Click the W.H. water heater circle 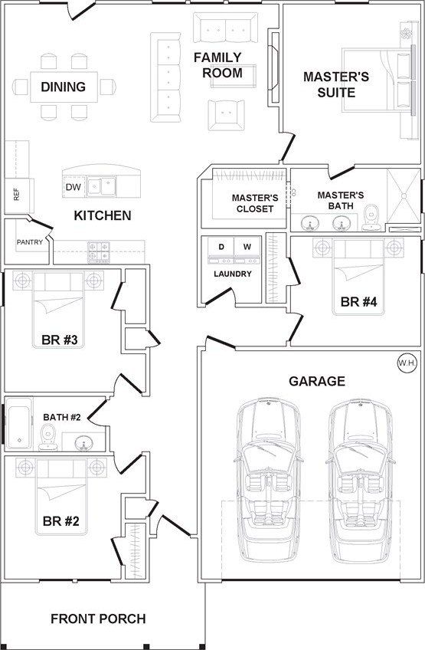tap(407, 363)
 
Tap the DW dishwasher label tap(74, 187)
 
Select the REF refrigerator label tap(16, 195)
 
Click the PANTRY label tap(30, 242)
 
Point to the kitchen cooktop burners tap(99, 252)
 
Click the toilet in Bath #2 tap(48, 437)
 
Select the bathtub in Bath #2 tap(19, 424)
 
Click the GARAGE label tap(317, 381)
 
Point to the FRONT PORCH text tap(98, 619)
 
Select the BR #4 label tap(358, 302)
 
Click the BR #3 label tap(59, 340)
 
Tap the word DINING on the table tap(64, 87)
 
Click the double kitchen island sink tap(102, 186)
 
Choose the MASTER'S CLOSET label tap(255, 203)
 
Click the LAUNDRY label tap(233, 274)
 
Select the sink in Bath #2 tap(84, 443)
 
